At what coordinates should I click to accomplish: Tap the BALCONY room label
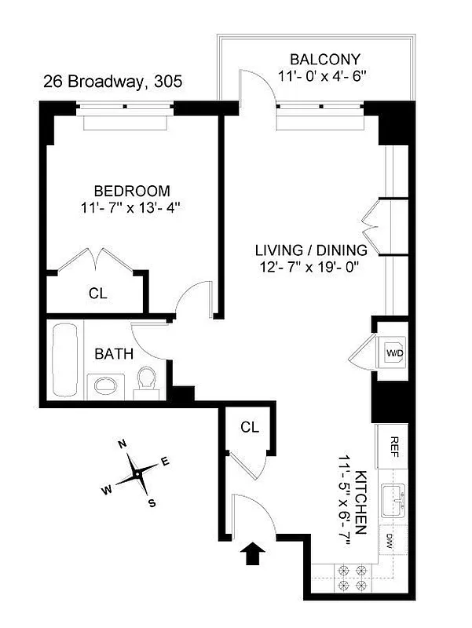pos(324,60)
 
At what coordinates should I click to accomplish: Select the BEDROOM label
pos(132,191)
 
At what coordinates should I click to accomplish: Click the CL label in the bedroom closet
pos(97,294)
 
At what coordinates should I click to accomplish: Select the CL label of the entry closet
pos(250,427)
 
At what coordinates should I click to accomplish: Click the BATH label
pos(114,354)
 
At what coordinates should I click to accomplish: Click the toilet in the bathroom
pos(146,382)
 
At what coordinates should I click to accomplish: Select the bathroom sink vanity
pos(104,385)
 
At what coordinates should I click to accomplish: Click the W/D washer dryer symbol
pos(393,353)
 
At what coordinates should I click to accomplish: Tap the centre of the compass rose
pos(137,474)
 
